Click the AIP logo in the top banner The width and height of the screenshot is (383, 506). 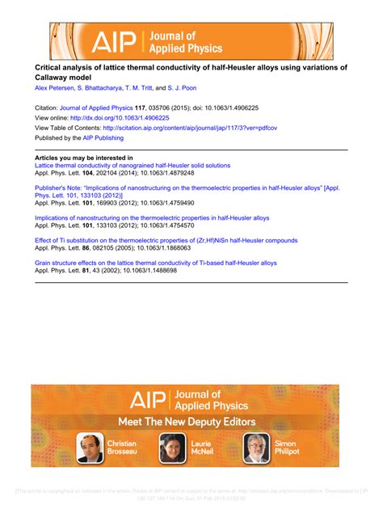(x=116, y=40)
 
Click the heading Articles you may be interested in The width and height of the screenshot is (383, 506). (x=84, y=158)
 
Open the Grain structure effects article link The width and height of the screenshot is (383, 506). (x=155, y=263)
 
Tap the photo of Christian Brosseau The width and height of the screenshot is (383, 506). (x=90, y=447)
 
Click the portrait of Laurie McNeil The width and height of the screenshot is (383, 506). (x=172, y=447)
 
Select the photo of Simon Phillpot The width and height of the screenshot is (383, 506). (x=256, y=447)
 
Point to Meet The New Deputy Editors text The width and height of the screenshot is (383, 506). (x=187, y=422)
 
